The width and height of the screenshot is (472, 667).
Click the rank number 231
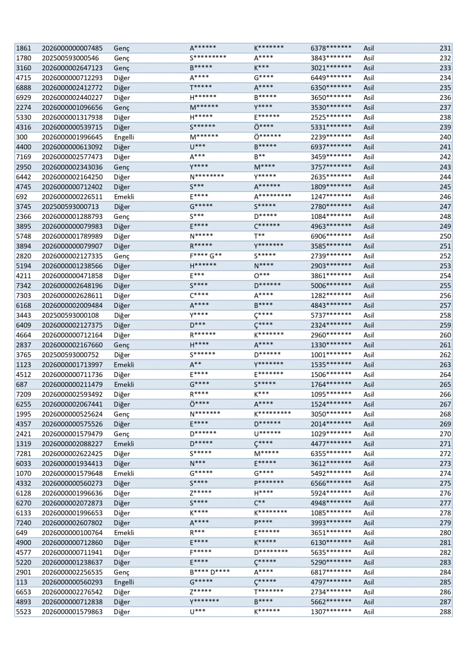tap(445, 48)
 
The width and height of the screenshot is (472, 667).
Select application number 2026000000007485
tap(72, 48)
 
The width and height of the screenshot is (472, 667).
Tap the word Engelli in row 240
tap(124, 137)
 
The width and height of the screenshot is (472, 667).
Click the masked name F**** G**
tap(205, 256)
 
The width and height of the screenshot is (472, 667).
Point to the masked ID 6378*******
tap(331, 48)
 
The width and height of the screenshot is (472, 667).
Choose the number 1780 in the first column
tap(24, 58)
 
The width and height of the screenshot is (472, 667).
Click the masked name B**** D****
tap(209, 572)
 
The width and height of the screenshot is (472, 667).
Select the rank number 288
tap(445, 612)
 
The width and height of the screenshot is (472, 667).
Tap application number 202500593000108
tap(70, 315)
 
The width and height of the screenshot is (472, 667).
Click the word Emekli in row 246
tap(124, 197)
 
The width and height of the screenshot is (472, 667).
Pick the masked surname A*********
tap(273, 197)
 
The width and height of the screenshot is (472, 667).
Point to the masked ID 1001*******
tap(331, 355)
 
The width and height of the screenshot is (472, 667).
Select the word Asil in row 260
tap(368, 335)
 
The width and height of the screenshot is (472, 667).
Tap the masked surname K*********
tap(273, 414)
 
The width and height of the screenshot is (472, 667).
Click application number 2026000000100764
tap(72, 533)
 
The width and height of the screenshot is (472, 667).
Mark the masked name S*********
tap(208, 58)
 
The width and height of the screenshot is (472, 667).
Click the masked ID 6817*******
tap(331, 572)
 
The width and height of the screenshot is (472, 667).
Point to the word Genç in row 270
tap(122, 434)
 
